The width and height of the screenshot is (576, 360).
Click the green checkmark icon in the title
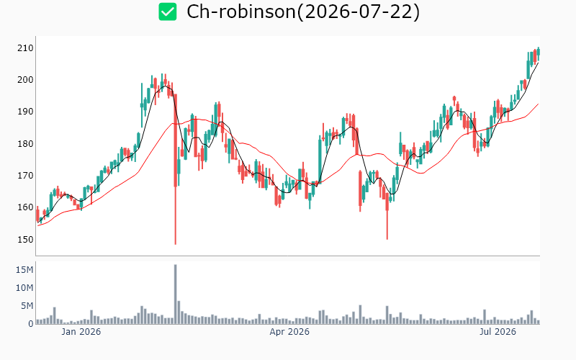[x=168, y=12]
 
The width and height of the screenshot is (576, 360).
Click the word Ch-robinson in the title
[x=241, y=12]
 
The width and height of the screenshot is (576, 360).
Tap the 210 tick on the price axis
[x=25, y=48]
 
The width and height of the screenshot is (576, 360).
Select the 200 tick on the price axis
[x=25, y=80]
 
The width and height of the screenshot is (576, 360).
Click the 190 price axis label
[x=25, y=112]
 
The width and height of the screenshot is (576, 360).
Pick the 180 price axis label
[x=25, y=143]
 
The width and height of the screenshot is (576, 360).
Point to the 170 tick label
[x=25, y=176]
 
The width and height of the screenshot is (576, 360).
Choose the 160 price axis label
[x=25, y=207]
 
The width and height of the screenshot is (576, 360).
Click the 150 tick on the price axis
[x=25, y=239]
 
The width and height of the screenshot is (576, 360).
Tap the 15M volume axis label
[x=24, y=270]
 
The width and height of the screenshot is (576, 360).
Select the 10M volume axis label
[x=24, y=288]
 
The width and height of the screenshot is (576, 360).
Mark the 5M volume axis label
[x=27, y=305]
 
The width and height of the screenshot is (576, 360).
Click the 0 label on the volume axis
[x=31, y=323]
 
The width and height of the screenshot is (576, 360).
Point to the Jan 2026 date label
[x=81, y=332]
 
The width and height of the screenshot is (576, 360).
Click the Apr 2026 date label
[x=289, y=332]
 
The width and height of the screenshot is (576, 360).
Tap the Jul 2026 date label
[x=498, y=332]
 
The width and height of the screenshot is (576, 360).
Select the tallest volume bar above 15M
[x=175, y=294]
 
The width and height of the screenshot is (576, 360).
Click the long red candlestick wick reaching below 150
[x=175, y=215]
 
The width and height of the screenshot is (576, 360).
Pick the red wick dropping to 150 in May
[x=387, y=225]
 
